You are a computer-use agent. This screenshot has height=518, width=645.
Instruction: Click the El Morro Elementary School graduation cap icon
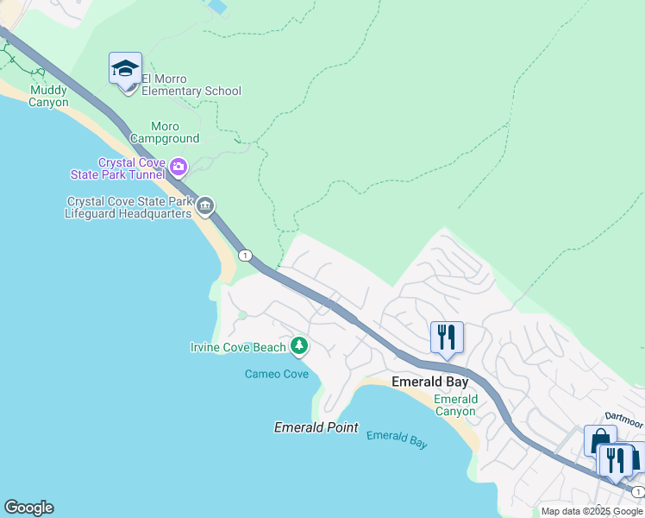tap(125, 68)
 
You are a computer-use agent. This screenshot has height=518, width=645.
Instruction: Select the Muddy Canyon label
tap(48, 96)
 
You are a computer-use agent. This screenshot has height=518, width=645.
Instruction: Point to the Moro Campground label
tap(165, 132)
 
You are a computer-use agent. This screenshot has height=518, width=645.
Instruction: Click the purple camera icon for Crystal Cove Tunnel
tap(178, 166)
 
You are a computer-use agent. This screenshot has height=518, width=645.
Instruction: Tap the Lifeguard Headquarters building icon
tap(205, 205)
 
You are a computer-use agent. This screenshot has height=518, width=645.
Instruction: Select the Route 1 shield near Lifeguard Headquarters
tap(246, 255)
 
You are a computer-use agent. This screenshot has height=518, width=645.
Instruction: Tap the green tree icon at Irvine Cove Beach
tap(299, 346)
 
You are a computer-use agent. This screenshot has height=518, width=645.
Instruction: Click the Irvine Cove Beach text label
tap(238, 348)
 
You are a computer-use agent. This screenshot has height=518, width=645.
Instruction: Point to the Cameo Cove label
tap(276, 374)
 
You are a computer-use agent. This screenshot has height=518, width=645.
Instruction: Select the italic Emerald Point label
tap(316, 427)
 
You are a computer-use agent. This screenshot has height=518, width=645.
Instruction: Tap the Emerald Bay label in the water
tap(397, 439)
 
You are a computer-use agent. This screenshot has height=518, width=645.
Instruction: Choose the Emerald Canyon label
tap(455, 405)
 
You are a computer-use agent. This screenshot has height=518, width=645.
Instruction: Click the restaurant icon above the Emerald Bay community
tap(447, 335)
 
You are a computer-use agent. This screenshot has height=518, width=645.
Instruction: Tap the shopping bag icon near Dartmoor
tap(599, 440)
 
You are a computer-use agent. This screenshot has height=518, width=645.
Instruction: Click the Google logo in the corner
tap(28, 508)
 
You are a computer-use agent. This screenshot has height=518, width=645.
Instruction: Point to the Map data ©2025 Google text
tap(592, 511)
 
